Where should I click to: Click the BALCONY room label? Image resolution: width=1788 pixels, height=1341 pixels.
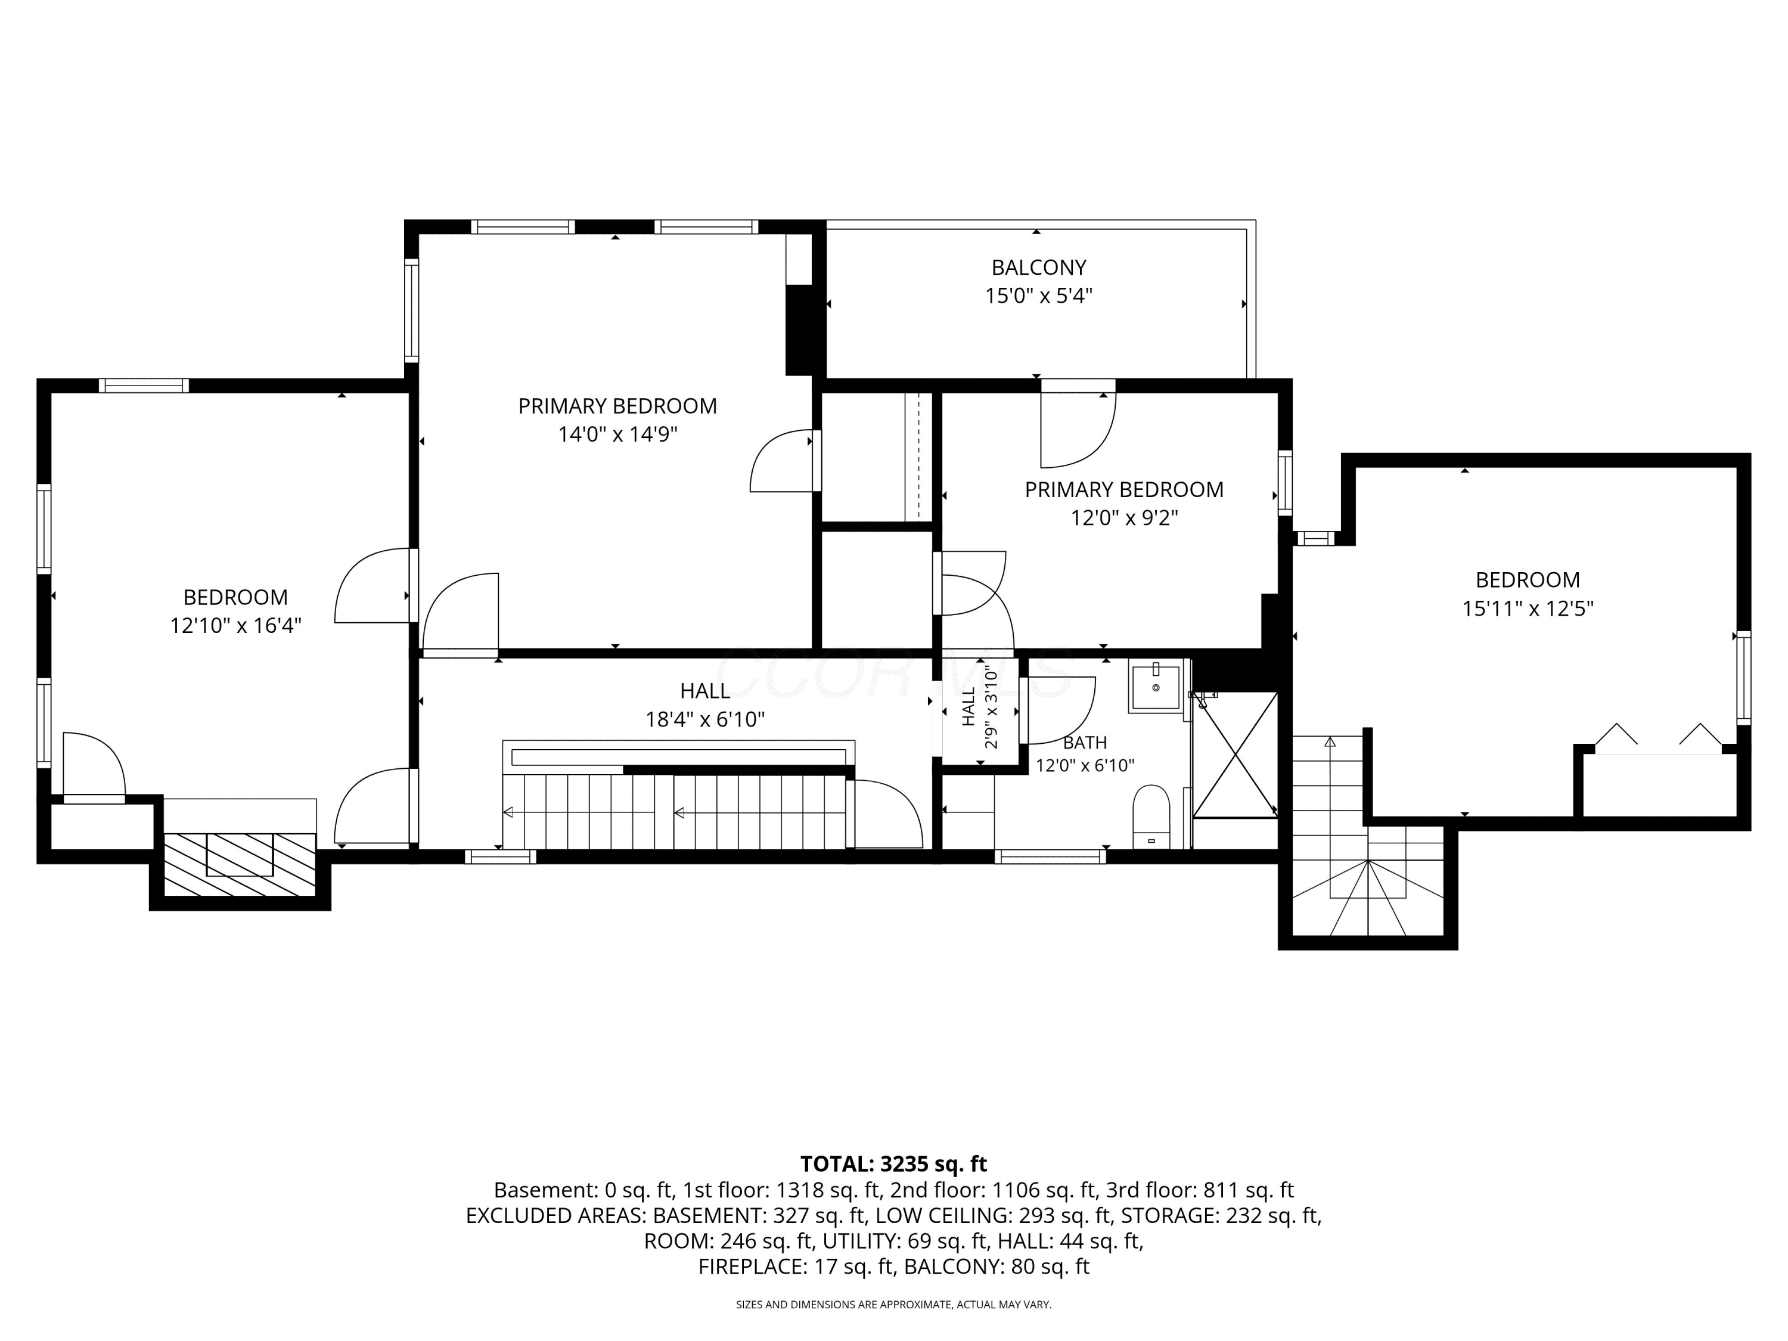click(1039, 267)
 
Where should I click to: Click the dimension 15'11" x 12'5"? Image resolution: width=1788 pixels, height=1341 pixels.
click(1527, 608)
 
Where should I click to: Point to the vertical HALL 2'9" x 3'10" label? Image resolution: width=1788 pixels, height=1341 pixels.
click(980, 706)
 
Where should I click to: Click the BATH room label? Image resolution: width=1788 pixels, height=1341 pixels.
click(1085, 742)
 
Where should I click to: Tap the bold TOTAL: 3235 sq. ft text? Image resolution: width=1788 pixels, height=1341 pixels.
click(893, 1164)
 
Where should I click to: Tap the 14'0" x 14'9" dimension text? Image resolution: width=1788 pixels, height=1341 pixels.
click(617, 434)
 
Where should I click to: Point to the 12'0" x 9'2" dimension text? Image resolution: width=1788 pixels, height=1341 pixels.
click(1125, 517)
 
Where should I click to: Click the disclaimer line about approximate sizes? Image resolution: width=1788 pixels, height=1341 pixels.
click(893, 1304)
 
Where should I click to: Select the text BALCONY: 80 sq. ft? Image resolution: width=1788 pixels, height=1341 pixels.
click(997, 1266)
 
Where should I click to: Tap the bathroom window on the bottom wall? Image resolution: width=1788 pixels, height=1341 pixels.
click(1050, 856)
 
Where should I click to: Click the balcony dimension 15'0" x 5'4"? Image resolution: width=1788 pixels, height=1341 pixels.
click(1039, 295)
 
